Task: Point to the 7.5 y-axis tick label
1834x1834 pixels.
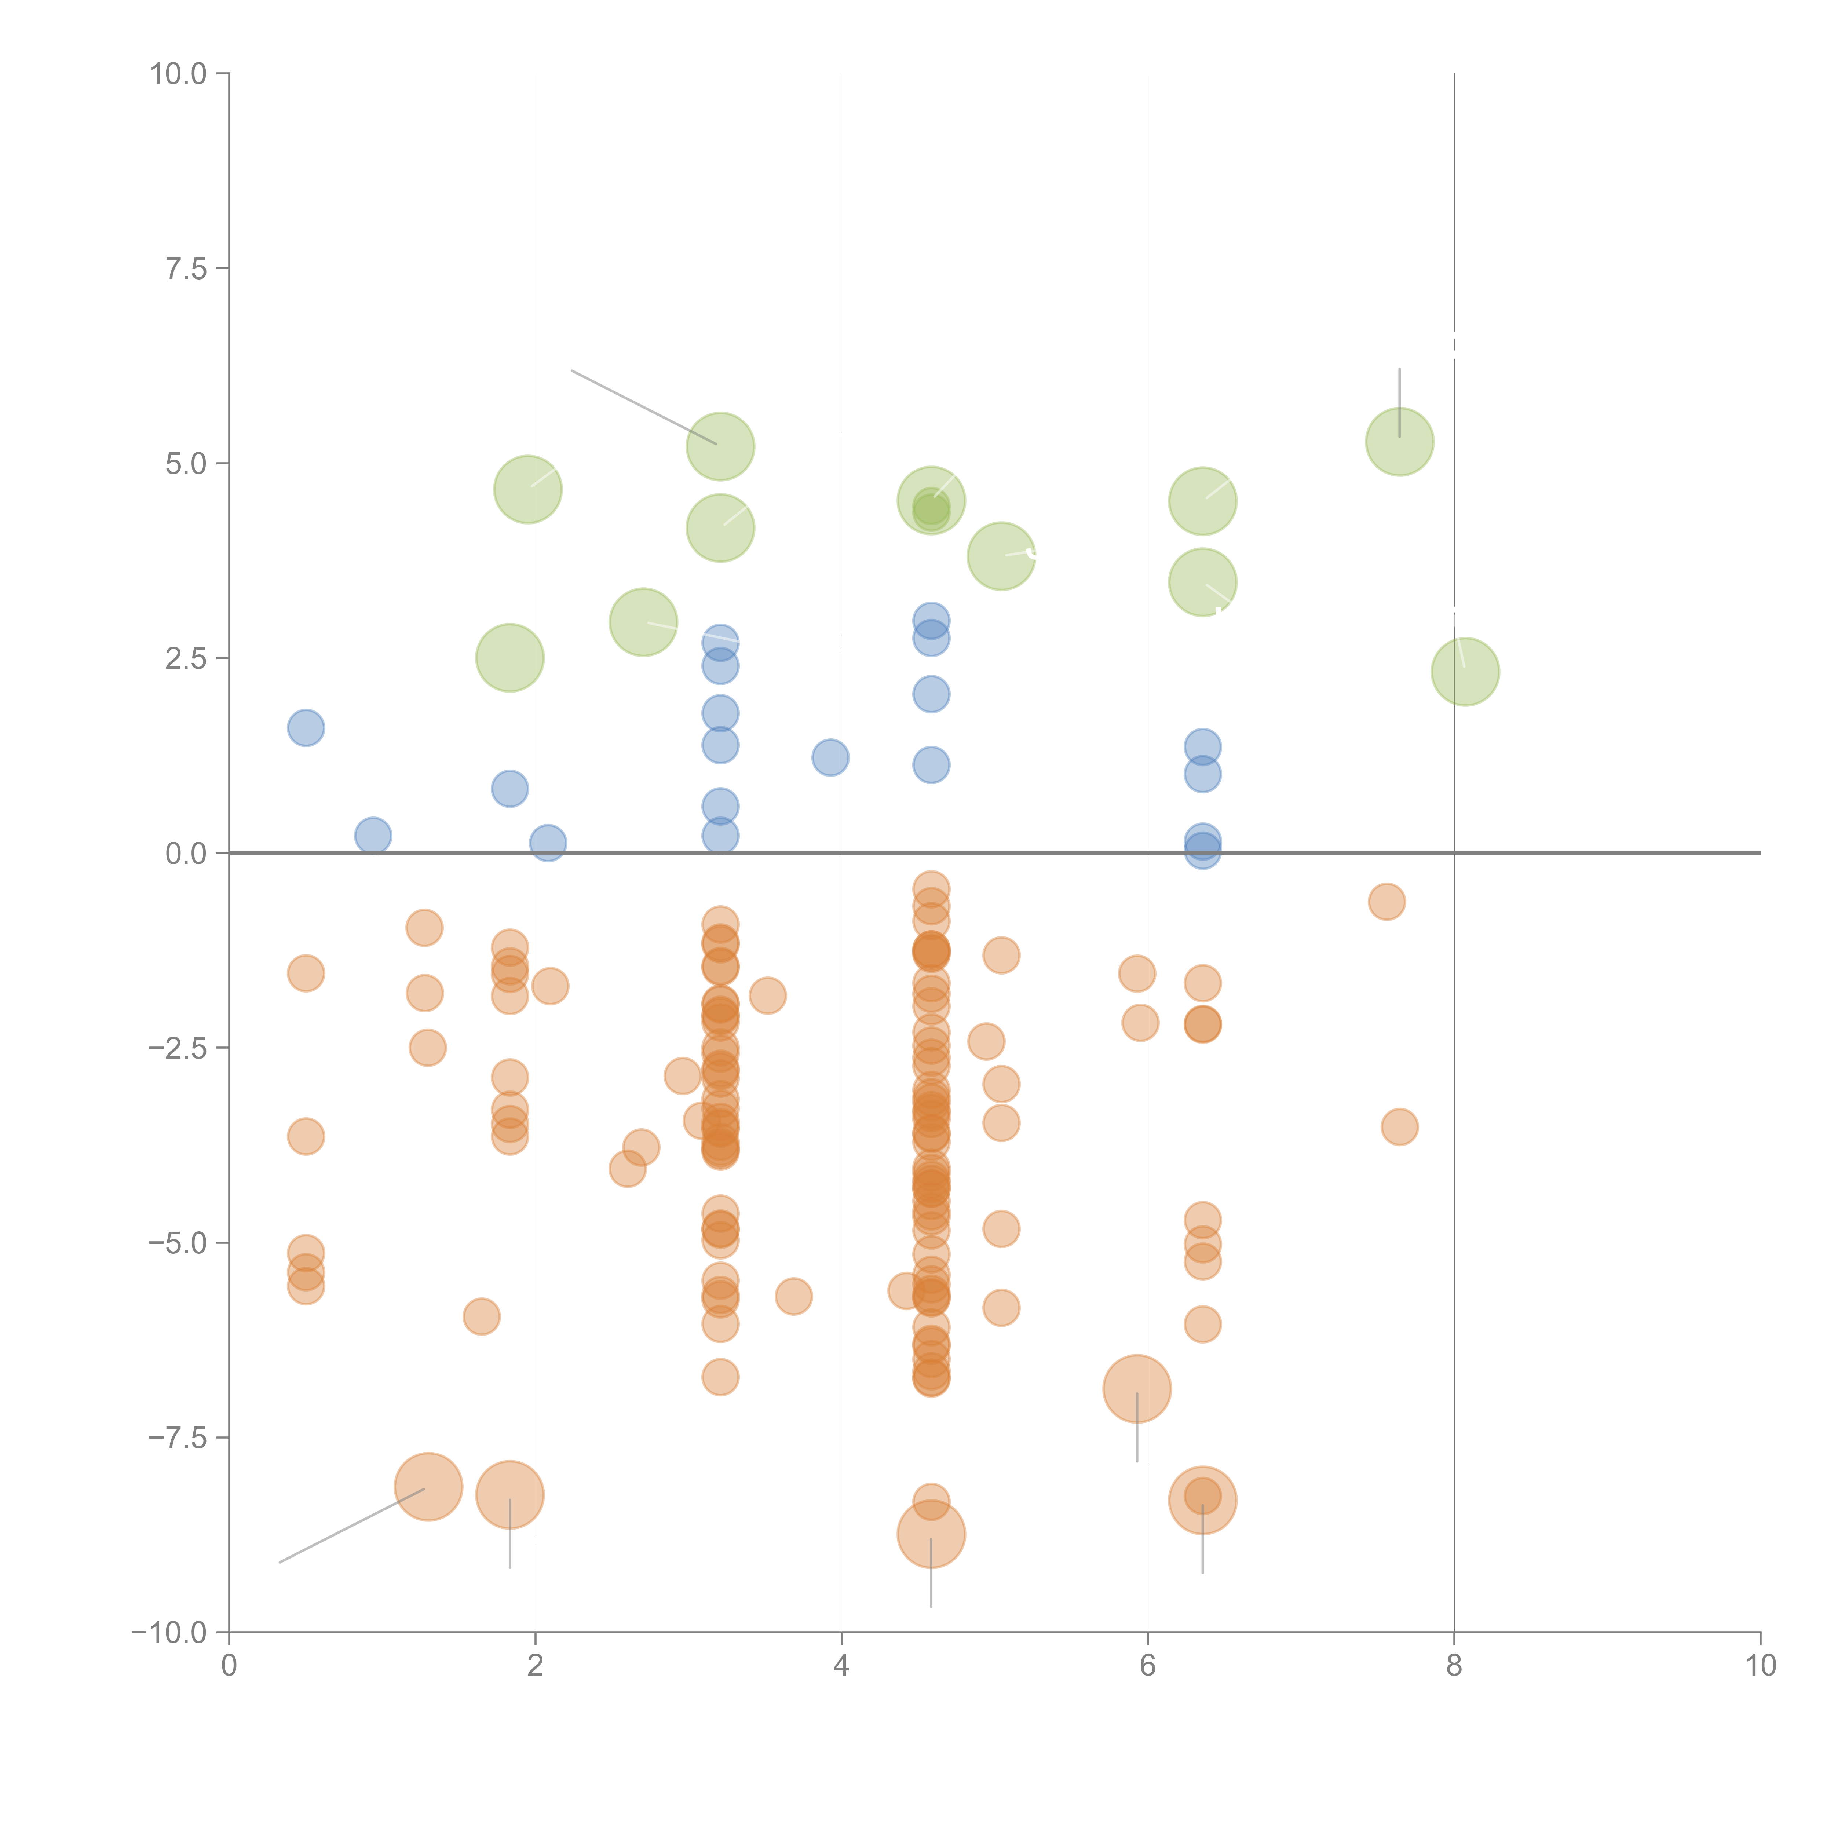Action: (186, 270)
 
